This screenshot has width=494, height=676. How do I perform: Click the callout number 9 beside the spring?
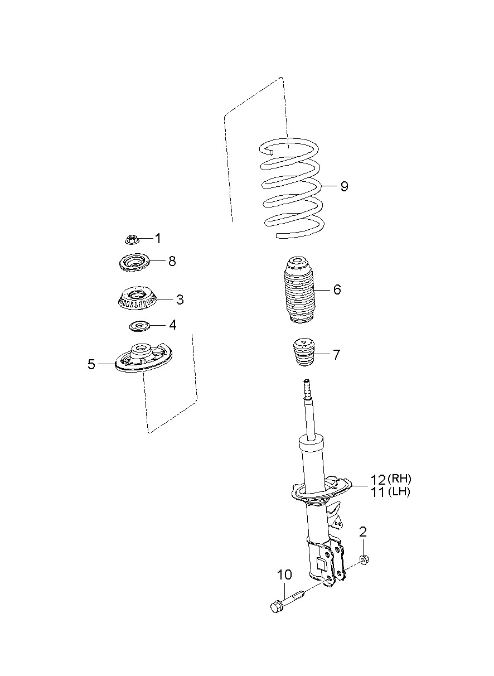[343, 186]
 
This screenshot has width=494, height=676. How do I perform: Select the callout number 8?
[172, 261]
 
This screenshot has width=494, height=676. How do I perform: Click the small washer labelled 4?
[139, 326]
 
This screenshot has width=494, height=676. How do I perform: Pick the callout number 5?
[91, 364]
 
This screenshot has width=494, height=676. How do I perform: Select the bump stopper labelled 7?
[305, 353]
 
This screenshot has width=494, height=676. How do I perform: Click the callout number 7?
[336, 355]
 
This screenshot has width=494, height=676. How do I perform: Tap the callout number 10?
[284, 575]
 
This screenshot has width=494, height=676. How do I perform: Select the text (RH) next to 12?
[399, 479]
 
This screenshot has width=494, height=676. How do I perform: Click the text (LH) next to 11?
[399, 492]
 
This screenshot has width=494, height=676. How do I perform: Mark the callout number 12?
[378, 480]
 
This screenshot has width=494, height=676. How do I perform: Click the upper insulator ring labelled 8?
[133, 263]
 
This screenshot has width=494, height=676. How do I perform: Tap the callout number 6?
[337, 289]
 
